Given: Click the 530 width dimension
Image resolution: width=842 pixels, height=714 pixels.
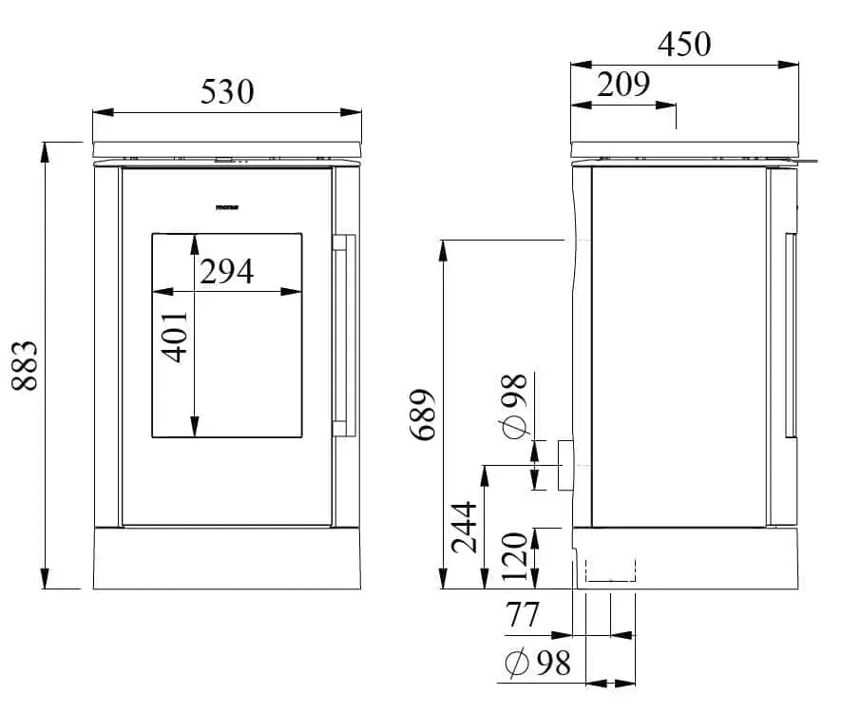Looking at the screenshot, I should [228, 92].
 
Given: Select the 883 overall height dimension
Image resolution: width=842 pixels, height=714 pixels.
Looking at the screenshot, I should [24, 366].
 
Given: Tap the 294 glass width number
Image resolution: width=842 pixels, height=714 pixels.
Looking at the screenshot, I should [227, 271].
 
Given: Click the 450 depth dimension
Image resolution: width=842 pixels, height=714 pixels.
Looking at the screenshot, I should [683, 44].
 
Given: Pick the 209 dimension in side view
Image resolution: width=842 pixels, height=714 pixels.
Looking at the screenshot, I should [623, 85].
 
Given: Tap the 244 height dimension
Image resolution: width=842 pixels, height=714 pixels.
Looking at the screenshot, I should [465, 529].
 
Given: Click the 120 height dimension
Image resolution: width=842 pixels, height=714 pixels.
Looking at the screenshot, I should [513, 557].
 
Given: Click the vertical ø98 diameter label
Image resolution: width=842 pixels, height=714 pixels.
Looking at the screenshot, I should [513, 406].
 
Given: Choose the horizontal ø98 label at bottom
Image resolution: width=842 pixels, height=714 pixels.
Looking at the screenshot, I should [538, 663].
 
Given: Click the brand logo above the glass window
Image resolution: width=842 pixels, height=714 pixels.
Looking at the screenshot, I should [227, 206].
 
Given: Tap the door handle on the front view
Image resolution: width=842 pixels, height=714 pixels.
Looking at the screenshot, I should [343, 332].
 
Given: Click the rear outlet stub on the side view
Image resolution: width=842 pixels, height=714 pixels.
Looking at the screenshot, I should [565, 464].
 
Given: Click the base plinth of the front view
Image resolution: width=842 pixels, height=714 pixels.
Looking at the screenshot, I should [228, 558].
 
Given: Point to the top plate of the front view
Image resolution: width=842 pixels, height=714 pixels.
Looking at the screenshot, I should [228, 148].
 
